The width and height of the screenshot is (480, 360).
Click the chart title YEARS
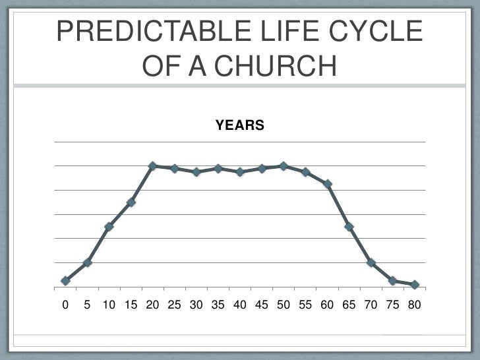click(x=240, y=125)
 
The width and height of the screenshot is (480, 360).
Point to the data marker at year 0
click(x=65, y=281)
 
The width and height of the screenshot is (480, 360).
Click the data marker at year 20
click(x=152, y=166)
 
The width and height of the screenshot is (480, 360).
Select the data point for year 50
click(x=284, y=166)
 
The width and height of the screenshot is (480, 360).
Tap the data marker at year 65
click(x=349, y=227)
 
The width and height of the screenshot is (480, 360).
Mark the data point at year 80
click(x=415, y=285)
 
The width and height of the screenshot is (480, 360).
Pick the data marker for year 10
click(x=109, y=227)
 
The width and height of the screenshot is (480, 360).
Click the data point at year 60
click(x=327, y=184)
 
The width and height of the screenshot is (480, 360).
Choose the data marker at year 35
click(x=218, y=169)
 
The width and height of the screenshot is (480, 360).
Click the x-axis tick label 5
click(x=87, y=306)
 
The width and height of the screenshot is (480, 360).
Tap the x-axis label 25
click(x=174, y=306)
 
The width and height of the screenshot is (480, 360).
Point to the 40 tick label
click(x=239, y=306)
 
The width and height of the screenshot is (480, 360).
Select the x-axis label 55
click(x=305, y=306)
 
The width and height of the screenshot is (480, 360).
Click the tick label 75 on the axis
click(x=392, y=306)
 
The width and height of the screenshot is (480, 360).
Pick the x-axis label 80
click(x=414, y=306)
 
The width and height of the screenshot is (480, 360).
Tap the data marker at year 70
click(x=371, y=262)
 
